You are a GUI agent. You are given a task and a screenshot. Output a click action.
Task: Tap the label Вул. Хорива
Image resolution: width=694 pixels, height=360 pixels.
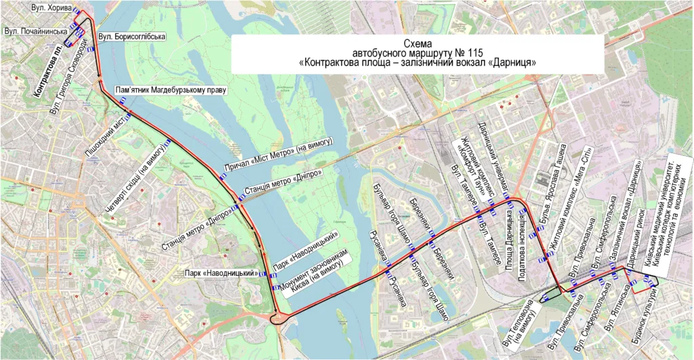coord(51,8)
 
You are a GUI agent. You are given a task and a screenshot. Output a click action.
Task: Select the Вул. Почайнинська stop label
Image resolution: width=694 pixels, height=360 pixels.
coord(36,31)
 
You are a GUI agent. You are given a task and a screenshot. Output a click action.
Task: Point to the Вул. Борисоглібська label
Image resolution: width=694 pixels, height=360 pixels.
coord(131,36)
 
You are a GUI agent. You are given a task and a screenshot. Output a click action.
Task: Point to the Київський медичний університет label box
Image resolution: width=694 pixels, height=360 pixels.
coord(675,217)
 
